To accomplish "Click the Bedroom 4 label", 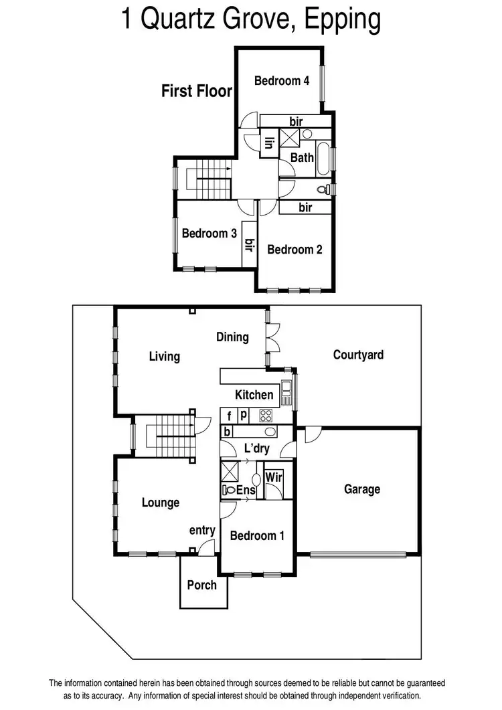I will (x=281, y=81).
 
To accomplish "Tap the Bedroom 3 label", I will (x=210, y=234).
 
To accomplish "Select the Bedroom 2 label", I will (x=295, y=250).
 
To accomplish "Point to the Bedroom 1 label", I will (x=257, y=535).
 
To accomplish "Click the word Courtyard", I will (x=358, y=355).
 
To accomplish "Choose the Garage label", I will (x=362, y=489).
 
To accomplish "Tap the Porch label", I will (x=201, y=585).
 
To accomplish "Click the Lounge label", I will (x=161, y=503).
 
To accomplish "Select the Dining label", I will (x=232, y=337).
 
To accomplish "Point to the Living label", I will (x=164, y=356).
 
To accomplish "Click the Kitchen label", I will (x=254, y=395).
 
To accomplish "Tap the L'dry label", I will (x=256, y=448).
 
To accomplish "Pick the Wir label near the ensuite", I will (x=273, y=477).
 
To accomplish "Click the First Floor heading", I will (x=196, y=91).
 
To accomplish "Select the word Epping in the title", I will (x=342, y=20).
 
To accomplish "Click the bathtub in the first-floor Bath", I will (x=324, y=159).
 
